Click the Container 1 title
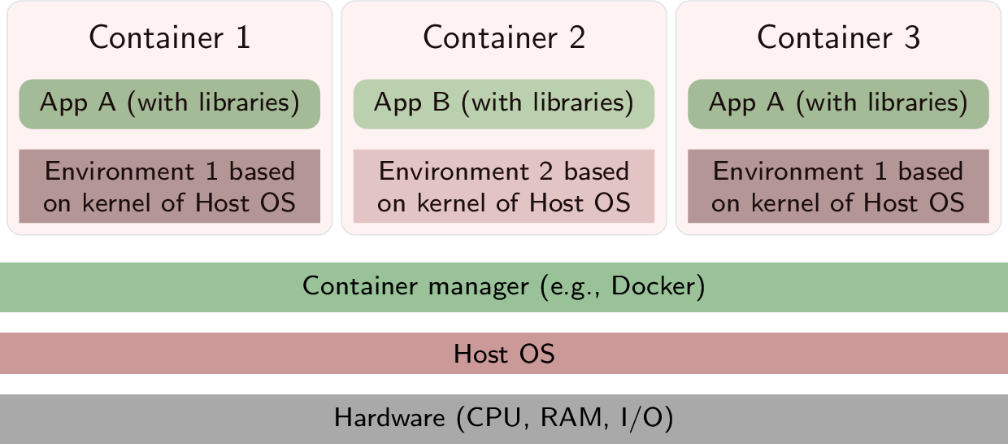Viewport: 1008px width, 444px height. click(x=170, y=38)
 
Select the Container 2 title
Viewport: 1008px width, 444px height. click(x=504, y=38)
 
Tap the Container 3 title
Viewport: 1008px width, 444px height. click(x=838, y=38)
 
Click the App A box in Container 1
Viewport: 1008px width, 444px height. click(x=170, y=103)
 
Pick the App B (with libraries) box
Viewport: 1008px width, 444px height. click(x=504, y=103)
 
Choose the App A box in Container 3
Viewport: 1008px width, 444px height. click(x=838, y=103)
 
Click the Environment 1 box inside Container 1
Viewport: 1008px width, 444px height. click(x=170, y=186)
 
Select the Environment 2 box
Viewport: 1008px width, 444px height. click(x=504, y=186)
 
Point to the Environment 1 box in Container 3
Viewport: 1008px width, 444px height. click(x=838, y=186)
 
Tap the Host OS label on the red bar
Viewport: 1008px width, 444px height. click(x=504, y=354)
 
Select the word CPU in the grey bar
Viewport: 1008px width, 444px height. click(x=490, y=419)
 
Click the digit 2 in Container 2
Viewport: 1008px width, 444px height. click(x=576, y=38)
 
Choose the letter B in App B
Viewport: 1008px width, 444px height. click(x=442, y=103)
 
